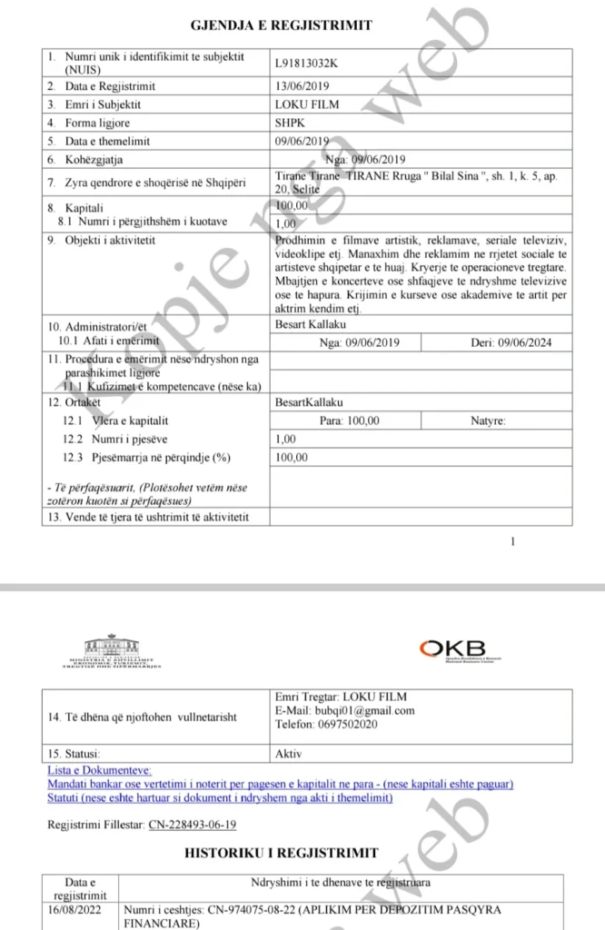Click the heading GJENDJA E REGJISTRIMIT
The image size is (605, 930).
[x=281, y=25]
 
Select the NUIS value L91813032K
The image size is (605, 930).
[x=312, y=64]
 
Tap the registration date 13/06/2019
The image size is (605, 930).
[x=302, y=86]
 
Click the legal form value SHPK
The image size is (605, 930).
[x=290, y=123]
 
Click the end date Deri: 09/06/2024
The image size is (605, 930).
[x=511, y=342]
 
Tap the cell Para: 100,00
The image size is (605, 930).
[x=350, y=420]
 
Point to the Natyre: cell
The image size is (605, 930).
[x=489, y=420]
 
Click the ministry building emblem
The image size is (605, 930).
[x=113, y=648]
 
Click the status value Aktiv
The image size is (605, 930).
[x=289, y=754]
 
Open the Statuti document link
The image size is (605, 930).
[x=219, y=797]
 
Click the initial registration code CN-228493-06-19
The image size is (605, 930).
[x=192, y=824]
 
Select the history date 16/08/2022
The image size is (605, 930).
[x=80, y=909]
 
